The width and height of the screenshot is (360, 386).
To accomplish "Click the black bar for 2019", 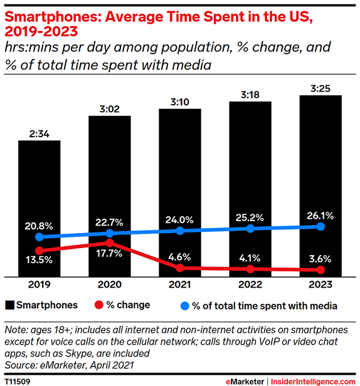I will point(39,188).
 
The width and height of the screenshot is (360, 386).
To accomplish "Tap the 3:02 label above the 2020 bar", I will point(110,108).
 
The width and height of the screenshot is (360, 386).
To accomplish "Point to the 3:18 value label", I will point(250,93).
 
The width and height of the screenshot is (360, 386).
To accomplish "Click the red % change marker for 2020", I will point(110,243).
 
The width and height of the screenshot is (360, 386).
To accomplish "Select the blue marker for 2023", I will point(320,226).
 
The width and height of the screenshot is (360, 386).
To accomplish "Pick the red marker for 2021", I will point(180,268).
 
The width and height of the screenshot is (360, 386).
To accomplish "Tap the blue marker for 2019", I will point(40,237).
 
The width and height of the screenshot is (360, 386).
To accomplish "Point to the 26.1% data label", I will point(320,215).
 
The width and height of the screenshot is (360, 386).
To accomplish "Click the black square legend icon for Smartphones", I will point(9,306).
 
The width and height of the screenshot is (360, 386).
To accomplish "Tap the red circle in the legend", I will point(98,306).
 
